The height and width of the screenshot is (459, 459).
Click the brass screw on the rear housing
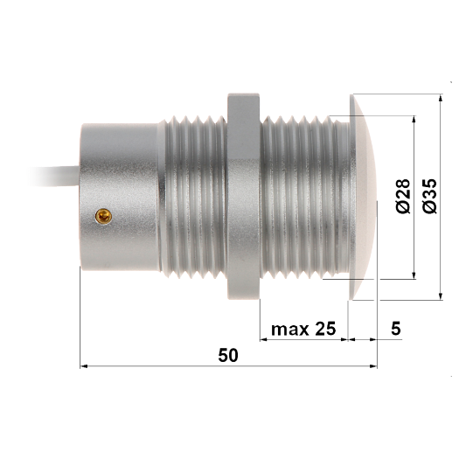(103, 216)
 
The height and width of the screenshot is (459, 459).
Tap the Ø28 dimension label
(403, 196)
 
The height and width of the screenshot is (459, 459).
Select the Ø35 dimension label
(430, 196)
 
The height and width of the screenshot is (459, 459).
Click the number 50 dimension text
(228, 355)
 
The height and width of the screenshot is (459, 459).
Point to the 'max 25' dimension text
(303, 329)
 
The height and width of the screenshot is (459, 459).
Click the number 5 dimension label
(395, 329)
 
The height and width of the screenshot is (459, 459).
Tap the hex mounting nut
(244, 197)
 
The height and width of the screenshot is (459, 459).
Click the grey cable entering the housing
(55, 177)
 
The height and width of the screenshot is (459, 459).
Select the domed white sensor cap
(363, 197)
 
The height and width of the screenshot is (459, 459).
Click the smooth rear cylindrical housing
(120, 197)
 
